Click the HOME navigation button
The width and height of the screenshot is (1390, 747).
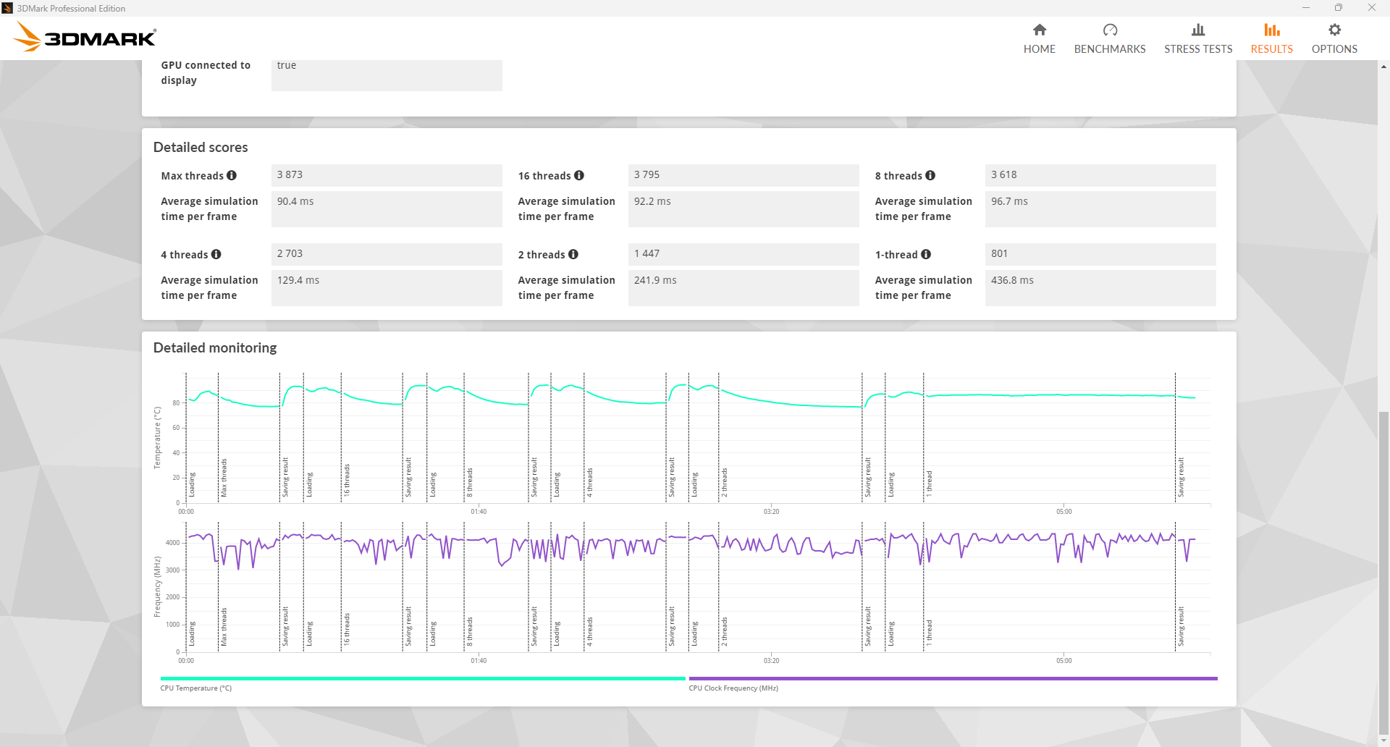[x=1039, y=38]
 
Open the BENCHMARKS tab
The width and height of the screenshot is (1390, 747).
[x=1109, y=38]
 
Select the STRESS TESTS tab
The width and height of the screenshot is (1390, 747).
[x=1197, y=38]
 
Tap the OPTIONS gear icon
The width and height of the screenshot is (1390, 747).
[x=1334, y=30]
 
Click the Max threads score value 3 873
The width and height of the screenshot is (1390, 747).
[x=290, y=175]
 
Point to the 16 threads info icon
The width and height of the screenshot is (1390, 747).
[x=579, y=175]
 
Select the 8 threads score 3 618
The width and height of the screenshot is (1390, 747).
[x=1003, y=175]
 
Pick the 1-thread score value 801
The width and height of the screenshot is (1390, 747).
[x=999, y=254]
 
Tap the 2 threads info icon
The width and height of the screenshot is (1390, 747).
[x=573, y=254]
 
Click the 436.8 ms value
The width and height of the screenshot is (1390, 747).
[x=1012, y=281]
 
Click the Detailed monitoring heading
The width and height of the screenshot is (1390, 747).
[x=215, y=348]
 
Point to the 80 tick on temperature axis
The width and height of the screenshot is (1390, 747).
[x=176, y=403]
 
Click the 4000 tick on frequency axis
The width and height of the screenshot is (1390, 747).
[x=172, y=543]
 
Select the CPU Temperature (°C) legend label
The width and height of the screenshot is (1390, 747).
[x=196, y=688]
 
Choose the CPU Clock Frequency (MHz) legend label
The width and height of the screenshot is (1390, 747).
[x=733, y=688]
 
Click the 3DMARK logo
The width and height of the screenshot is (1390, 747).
[x=85, y=37]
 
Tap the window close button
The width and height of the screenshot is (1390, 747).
[x=1371, y=8]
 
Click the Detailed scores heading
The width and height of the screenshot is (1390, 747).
[x=201, y=148]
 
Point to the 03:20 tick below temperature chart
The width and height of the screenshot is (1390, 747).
[x=771, y=512]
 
